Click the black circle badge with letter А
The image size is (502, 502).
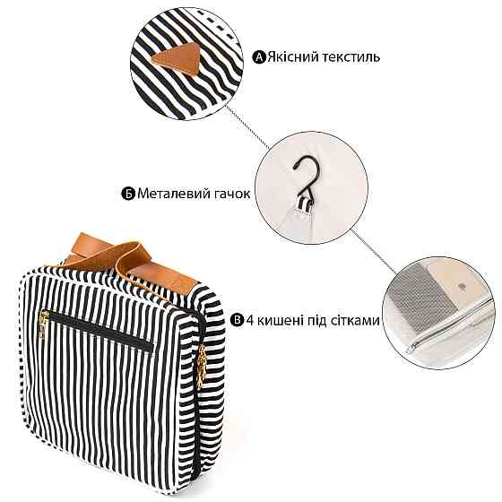click(259, 57)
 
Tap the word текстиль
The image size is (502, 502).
click(351, 57)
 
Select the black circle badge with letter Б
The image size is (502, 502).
click(128, 194)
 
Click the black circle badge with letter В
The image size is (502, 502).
click(238, 320)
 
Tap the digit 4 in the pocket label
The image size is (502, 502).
click(250, 320)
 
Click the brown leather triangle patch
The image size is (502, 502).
click(177, 59)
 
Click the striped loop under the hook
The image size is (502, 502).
click(304, 205)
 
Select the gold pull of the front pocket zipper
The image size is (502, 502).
click(43, 325)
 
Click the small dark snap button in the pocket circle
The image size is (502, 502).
click(462, 286)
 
